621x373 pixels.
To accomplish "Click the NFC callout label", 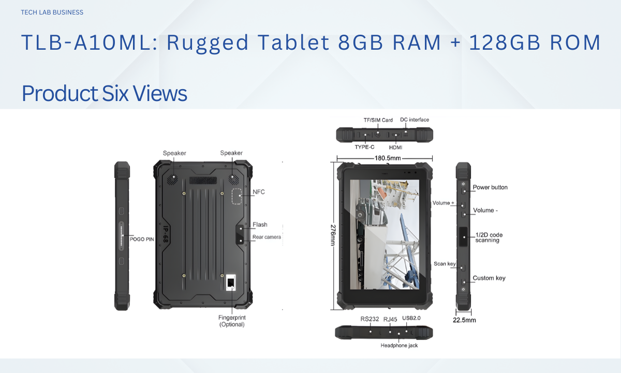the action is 259,192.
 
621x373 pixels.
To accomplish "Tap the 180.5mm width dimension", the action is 388,158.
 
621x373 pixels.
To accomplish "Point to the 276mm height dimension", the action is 333,235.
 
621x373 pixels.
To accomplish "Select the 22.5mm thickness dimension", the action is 464,320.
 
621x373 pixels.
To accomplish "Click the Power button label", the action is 490,188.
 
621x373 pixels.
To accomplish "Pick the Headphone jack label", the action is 399,346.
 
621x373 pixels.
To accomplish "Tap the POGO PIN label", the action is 142,239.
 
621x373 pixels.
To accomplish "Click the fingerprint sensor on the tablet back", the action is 231,282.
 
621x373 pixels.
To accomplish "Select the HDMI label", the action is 395,147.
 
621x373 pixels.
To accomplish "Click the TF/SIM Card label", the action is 378,120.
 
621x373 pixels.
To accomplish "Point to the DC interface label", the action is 415,120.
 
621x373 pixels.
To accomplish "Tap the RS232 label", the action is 369,319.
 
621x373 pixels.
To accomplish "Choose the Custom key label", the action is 489,278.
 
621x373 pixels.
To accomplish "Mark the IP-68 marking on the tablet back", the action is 166,234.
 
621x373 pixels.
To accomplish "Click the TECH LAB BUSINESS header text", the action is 52,12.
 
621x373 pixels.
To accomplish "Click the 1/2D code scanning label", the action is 489,238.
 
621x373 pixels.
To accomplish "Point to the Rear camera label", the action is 267,237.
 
